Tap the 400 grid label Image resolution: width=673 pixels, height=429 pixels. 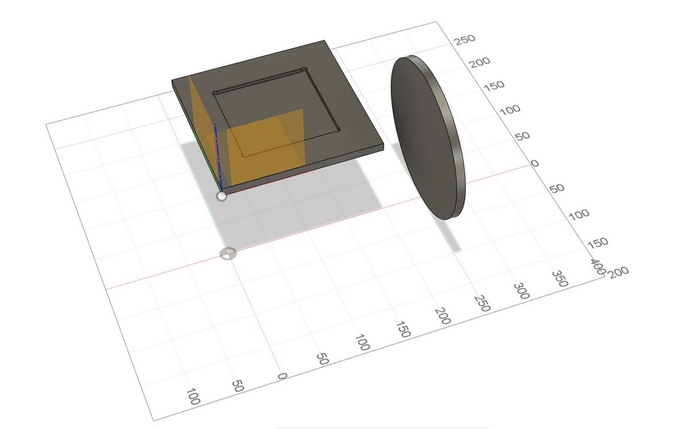pyautogui.click(x=596, y=265)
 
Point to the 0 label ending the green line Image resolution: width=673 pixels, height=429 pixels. pyautogui.click(x=282, y=376)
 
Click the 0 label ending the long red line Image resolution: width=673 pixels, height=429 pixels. pyautogui.click(x=534, y=163)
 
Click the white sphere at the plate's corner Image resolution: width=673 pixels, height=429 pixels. pyautogui.click(x=222, y=195)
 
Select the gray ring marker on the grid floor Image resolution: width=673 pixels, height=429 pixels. pyautogui.click(x=228, y=253)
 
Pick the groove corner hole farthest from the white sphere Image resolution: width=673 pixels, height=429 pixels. pyautogui.click(x=303, y=70)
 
